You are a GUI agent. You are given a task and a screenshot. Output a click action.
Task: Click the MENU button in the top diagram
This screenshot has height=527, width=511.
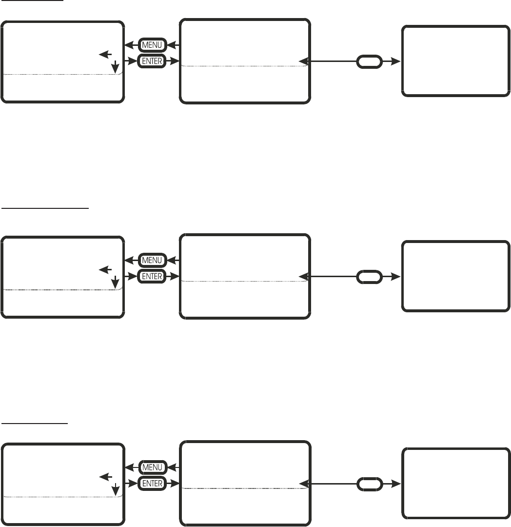[153, 45]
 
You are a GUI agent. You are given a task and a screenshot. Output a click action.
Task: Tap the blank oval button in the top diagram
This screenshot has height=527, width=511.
[370, 61]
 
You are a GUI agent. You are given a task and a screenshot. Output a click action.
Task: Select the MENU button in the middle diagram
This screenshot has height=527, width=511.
[153, 260]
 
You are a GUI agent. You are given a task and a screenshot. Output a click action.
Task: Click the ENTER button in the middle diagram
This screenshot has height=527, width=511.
[153, 276]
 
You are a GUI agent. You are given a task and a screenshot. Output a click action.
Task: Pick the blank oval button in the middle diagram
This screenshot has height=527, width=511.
[370, 277]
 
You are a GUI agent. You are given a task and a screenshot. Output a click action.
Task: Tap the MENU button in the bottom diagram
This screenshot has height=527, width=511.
[153, 467]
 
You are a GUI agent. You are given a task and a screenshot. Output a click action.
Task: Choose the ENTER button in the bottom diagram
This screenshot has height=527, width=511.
[153, 484]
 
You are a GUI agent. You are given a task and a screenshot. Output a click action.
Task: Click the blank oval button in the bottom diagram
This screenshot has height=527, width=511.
[370, 484]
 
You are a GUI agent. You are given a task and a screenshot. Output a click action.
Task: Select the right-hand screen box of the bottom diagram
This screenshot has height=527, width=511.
[453, 483]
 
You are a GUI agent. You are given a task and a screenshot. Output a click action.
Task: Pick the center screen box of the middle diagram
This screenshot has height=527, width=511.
[245, 276]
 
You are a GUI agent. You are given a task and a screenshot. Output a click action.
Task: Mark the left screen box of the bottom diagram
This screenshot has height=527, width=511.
[62, 485]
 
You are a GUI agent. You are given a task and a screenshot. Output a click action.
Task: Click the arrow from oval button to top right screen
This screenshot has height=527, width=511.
[392, 61]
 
